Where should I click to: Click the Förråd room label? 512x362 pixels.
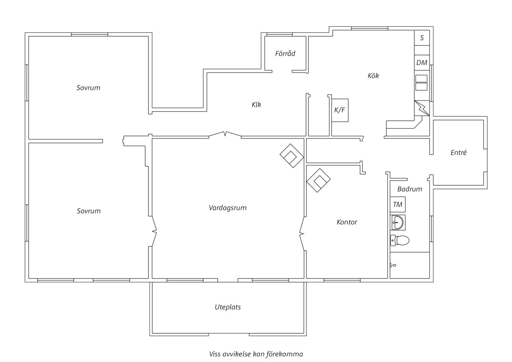tap(285, 54)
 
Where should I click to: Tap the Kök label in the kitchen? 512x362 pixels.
tap(373, 76)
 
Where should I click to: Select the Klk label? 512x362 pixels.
tap(256, 105)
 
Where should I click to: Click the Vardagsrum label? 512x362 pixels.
tap(227, 208)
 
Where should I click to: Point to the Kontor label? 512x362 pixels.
tap(347, 222)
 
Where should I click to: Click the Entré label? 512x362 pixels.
tap(458, 152)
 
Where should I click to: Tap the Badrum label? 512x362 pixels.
tap(410, 189)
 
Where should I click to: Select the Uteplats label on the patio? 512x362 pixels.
tap(228, 307)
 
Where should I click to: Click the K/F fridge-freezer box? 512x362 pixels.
tap(340, 110)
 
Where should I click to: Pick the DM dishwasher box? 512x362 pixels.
tap(422, 63)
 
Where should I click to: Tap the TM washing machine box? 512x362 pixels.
tap(398, 205)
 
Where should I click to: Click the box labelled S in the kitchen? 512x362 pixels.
tap(422, 38)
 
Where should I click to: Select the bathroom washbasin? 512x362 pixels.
tap(398, 222)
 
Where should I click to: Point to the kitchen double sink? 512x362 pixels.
tap(421, 83)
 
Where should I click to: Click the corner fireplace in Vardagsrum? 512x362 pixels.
tap(292, 156)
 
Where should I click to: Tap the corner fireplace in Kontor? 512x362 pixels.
tap(318, 180)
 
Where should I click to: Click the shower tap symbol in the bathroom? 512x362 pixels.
tap(392, 265)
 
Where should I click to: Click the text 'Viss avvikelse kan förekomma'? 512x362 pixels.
tap(256, 354)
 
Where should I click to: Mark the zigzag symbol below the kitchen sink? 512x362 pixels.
tap(422, 108)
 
